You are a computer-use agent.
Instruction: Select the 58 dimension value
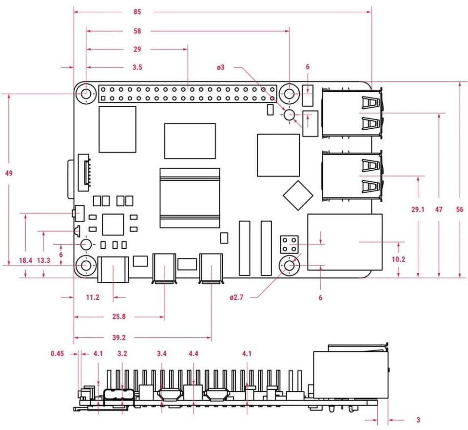point(137,31)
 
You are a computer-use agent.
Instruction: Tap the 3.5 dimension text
point(137,67)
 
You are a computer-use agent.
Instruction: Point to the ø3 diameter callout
point(221,67)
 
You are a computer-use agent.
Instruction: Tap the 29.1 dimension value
point(418,210)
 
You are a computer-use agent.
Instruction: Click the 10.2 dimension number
point(398,259)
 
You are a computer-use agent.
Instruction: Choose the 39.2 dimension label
point(119,337)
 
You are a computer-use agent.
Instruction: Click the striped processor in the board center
point(190,197)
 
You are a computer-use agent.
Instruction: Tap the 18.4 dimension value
point(25,261)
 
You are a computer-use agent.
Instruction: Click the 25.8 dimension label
point(119,317)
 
